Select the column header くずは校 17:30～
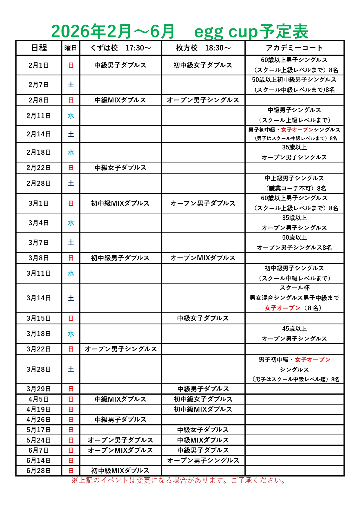pos(120,48)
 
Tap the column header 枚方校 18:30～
pos(203,48)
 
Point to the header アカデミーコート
pos(294,48)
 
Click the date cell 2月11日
pos(39,116)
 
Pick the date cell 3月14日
pos(39,298)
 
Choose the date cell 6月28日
pos(39,471)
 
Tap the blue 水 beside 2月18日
pos(71,152)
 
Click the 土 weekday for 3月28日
pos(71,369)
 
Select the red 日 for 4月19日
pos(71,409)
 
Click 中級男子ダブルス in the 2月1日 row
pos(120,65)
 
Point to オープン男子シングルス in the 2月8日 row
pos(203,100)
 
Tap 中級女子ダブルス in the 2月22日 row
pos(120,168)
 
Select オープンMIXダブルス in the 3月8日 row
pos(203,258)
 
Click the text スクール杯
pos(294,288)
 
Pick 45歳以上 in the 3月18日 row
pos(294,329)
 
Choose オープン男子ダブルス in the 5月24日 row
pos(120,440)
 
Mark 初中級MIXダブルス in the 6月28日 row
pos(120,471)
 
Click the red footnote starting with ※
pos(178,481)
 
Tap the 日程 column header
pos(39,48)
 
